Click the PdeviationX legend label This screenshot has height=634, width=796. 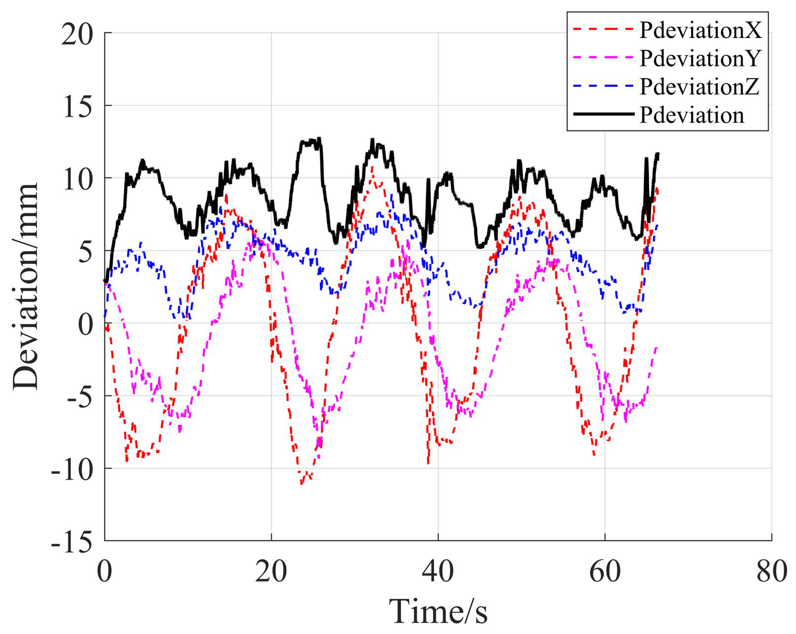(x=700, y=30)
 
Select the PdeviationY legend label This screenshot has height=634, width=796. (x=700, y=58)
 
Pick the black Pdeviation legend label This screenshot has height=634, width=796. (x=692, y=115)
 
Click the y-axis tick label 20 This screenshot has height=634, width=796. (x=77, y=34)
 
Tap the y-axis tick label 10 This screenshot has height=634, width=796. (x=77, y=178)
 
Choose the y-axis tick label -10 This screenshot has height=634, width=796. (x=72, y=469)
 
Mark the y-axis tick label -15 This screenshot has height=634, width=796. (x=72, y=541)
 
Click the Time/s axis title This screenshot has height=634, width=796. (x=438, y=611)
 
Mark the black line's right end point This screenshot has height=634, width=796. (x=658, y=154)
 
